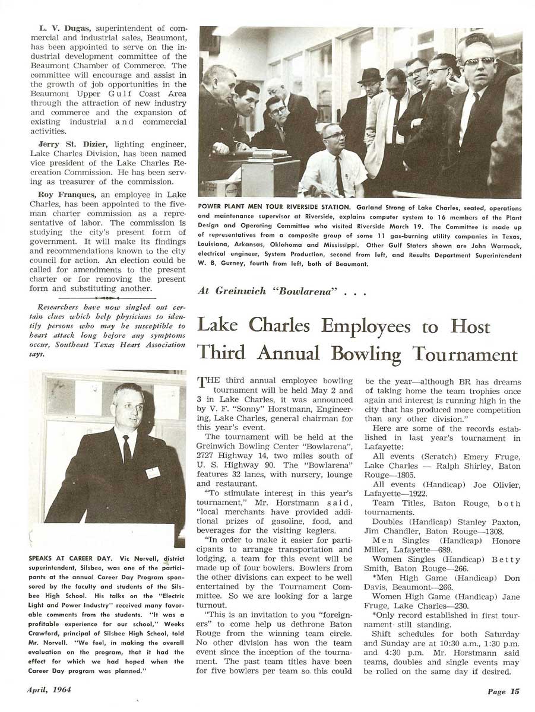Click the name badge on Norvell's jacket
coord(153,472)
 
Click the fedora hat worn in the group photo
coord(371,75)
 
